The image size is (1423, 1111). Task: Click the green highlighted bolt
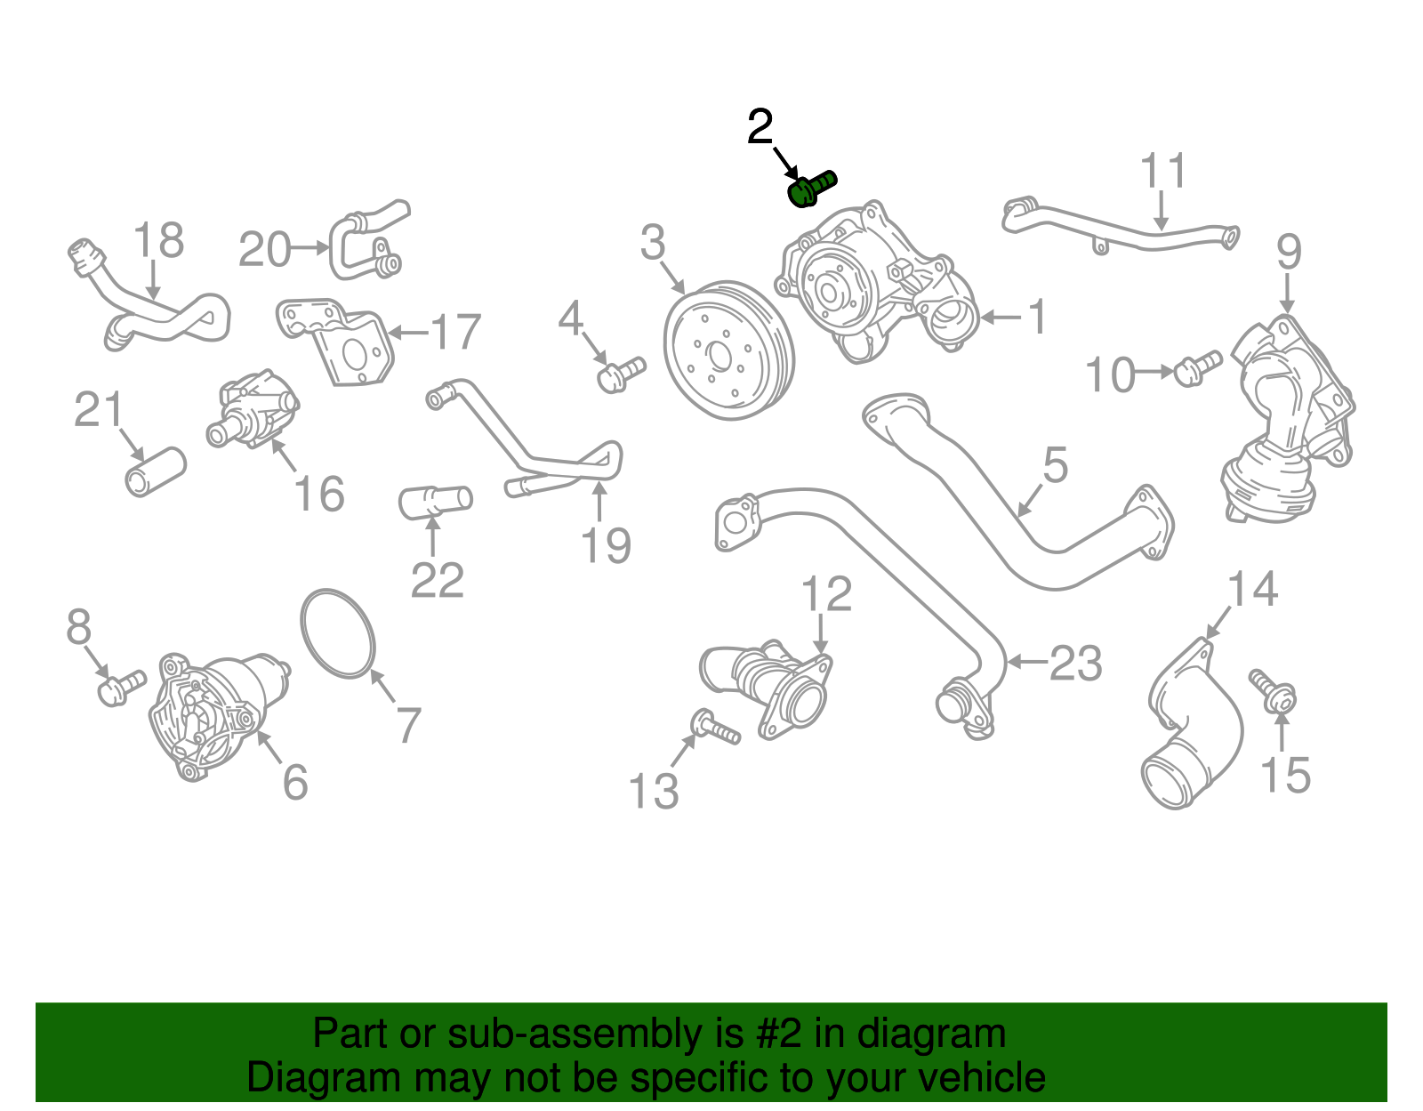812,188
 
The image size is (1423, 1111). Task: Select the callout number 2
760,128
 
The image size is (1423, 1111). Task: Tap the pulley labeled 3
728,350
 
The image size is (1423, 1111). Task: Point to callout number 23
1075,664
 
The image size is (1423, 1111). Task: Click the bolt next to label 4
621,373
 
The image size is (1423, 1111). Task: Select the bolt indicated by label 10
1197,367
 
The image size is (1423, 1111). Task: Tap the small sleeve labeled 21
156,471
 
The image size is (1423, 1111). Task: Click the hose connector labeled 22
435,501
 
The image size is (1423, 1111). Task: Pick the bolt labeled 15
1273,691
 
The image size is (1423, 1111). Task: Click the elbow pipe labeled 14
1192,725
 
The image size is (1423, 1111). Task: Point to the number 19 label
606,545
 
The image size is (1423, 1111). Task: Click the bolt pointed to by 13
715,727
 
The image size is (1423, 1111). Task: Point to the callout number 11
1163,171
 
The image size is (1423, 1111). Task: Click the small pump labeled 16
254,410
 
